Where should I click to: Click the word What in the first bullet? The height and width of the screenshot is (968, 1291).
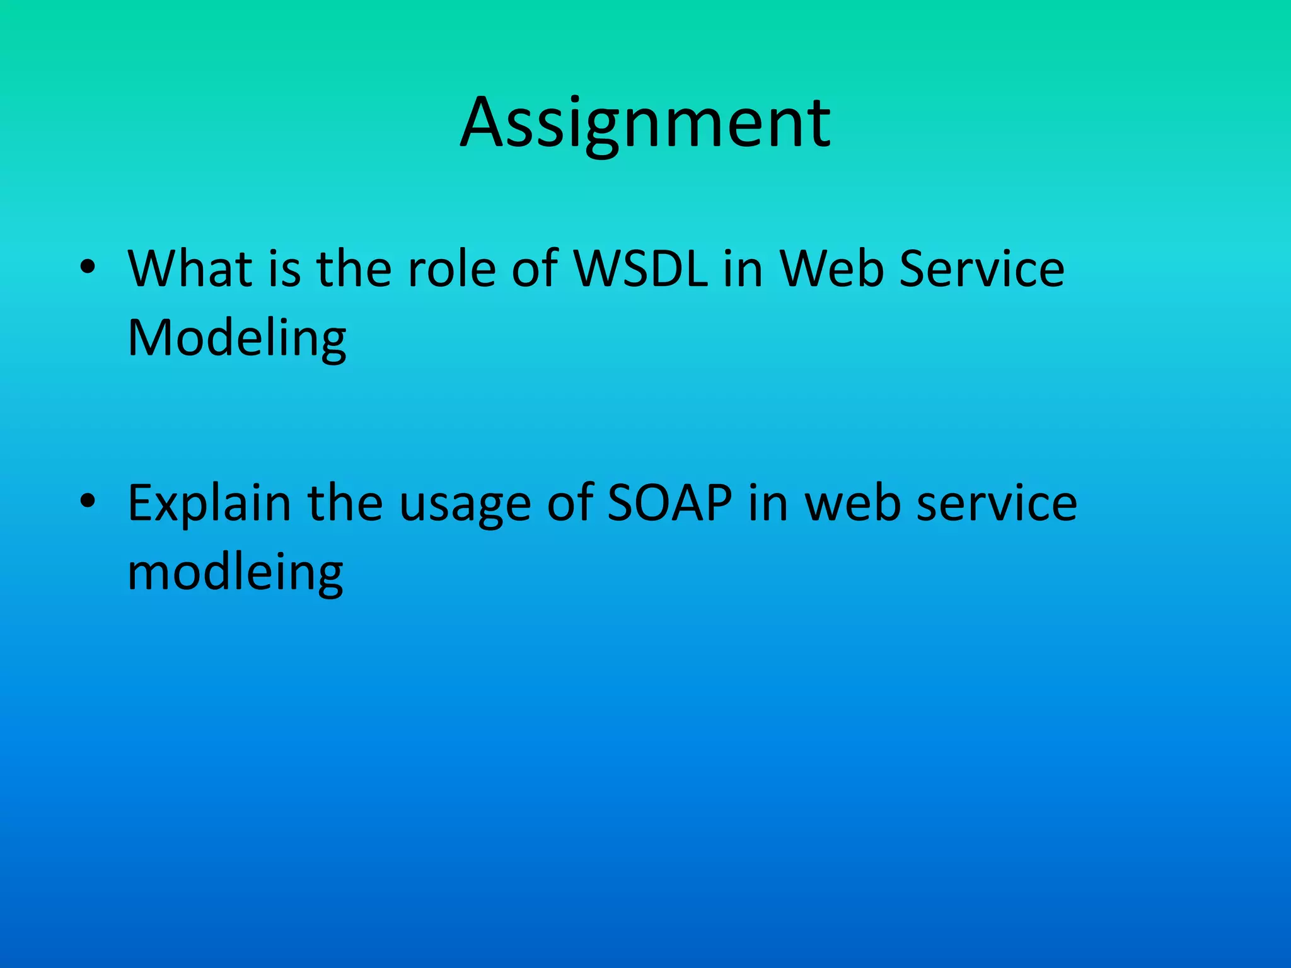[189, 269]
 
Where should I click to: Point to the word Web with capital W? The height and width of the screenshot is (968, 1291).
[831, 269]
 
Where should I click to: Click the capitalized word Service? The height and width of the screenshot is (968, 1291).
[981, 269]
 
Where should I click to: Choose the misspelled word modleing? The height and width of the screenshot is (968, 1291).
[235, 573]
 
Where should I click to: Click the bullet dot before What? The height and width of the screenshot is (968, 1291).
[88, 267]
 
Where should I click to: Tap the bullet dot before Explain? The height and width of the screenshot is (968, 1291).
[88, 501]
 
